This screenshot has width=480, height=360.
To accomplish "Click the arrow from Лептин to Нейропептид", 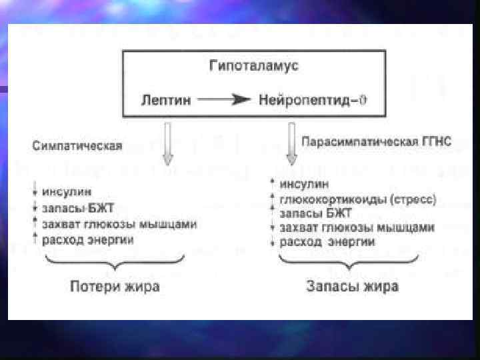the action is point(223,100).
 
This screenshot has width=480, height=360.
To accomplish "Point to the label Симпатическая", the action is point(77,146).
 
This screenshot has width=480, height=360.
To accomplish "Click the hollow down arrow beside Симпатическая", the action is point(168,145).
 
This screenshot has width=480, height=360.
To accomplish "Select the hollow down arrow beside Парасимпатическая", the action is point(291,145).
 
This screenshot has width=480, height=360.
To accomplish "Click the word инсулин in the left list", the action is point(67,192).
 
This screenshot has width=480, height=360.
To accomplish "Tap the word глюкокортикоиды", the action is point(326,199).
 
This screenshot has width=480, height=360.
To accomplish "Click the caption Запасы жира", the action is point(353,287).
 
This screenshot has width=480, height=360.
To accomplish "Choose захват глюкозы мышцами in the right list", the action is point(357,227).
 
